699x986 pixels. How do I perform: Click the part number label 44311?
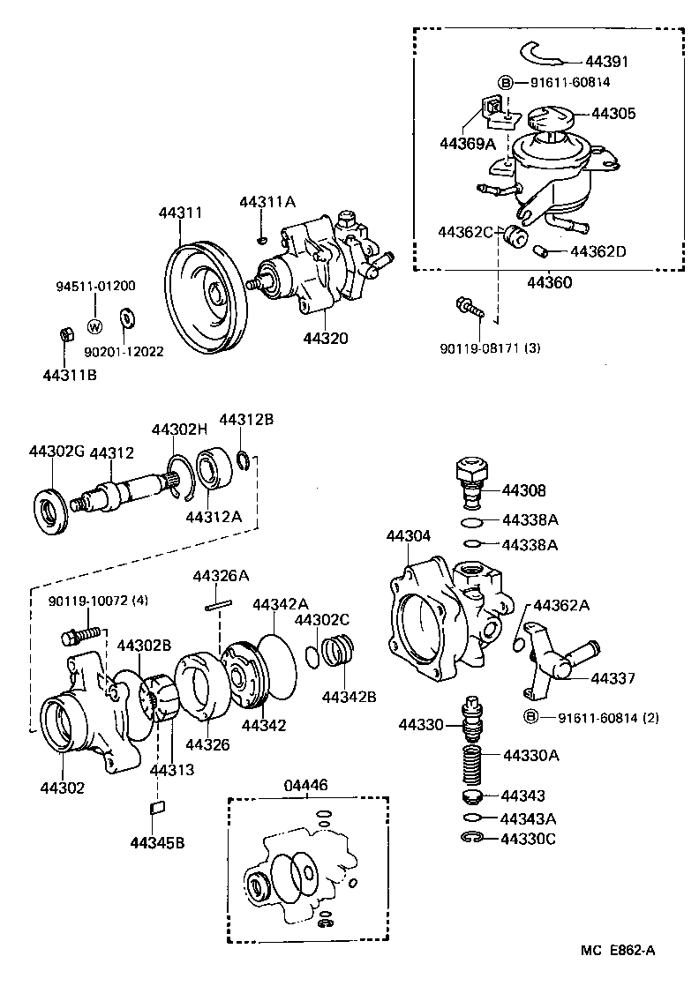coord(181,213)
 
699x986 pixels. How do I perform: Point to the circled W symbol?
coord(94,325)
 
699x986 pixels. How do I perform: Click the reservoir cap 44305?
coord(548,119)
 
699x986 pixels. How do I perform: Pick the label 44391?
coord(609,62)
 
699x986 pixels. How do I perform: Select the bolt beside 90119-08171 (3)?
coord(468,308)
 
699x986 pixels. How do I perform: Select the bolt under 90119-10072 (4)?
coord(79,634)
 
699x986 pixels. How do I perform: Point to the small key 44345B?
coord(158,805)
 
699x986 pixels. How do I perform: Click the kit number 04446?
coord(305,785)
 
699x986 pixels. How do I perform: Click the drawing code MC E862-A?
coord(618,949)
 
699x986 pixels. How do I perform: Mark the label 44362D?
coord(598,251)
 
